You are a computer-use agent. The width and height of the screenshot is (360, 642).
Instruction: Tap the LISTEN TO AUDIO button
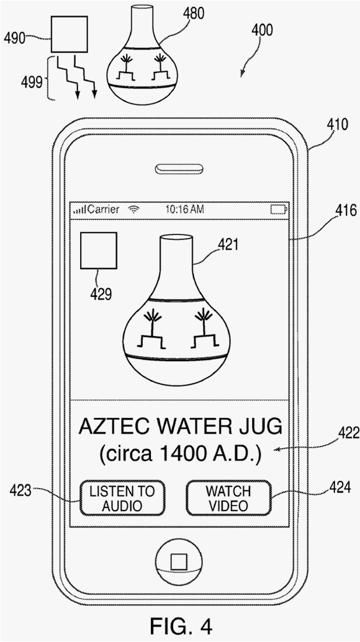click(122, 498)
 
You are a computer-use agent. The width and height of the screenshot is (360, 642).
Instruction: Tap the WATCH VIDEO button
click(228, 498)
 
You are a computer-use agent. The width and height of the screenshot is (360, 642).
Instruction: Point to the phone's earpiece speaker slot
click(179, 169)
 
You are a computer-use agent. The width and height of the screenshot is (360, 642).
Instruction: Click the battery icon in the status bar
click(279, 210)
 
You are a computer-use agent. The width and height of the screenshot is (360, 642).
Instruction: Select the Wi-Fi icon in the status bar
click(133, 210)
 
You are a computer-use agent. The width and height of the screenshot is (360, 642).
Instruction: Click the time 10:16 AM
click(184, 210)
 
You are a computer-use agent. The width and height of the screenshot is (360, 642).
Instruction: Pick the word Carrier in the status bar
click(104, 210)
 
